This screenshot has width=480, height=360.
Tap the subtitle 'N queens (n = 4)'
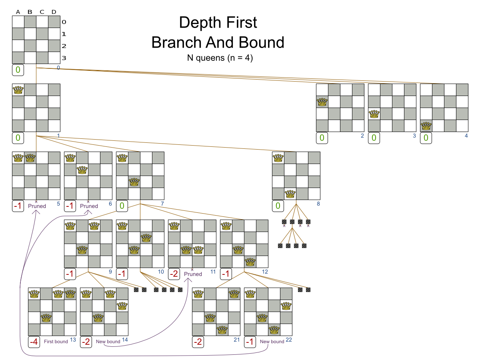point(220,57)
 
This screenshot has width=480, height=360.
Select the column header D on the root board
point(54,12)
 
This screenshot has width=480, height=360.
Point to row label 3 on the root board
point(64,58)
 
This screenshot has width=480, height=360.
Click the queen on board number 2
point(322,102)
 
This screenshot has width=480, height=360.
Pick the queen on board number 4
point(426,126)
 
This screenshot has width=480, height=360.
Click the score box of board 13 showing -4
point(34,342)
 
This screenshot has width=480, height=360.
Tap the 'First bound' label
point(56,342)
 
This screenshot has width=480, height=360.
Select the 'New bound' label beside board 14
point(108,342)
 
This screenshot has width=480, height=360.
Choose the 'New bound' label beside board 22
point(272,342)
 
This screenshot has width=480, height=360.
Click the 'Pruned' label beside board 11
point(193,274)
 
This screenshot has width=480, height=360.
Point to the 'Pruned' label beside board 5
point(37,206)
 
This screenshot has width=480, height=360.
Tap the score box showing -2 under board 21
point(198,342)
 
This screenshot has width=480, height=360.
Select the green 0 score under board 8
point(278,206)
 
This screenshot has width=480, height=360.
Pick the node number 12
point(265,272)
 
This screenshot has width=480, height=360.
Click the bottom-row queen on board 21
point(222,330)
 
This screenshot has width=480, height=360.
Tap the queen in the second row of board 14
point(122,306)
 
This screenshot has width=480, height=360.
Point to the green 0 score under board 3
point(374,138)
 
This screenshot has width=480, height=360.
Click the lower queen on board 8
point(290,194)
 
